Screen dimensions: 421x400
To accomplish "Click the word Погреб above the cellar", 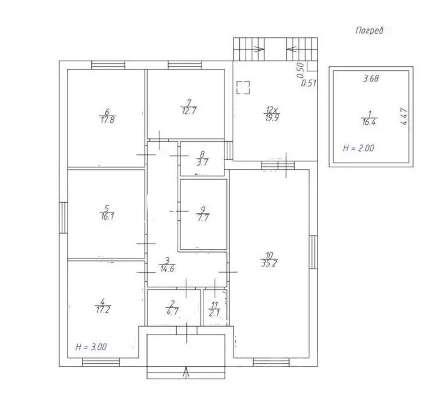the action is [x=370, y=30].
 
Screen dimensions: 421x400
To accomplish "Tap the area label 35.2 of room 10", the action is [x=269, y=263].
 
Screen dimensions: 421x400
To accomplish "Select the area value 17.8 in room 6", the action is [x=107, y=120].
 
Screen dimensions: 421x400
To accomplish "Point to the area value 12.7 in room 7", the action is [x=189, y=111].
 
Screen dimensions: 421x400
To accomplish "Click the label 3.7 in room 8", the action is [x=202, y=162].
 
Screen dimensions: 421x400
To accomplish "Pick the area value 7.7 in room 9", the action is [x=203, y=218].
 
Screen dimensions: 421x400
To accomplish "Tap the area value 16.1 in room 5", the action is [x=107, y=217].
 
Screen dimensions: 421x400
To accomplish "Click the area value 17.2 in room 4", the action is [x=103, y=310].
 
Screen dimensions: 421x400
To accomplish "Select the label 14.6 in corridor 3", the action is [x=167, y=269].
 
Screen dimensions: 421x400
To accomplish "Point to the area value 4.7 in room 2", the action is [x=172, y=312].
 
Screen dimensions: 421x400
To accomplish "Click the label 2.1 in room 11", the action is [x=214, y=313].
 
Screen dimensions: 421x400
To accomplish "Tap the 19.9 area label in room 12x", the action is [x=272, y=118].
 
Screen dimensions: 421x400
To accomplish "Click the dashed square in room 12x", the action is [x=243, y=87].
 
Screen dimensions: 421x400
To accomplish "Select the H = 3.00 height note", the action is [x=91, y=347].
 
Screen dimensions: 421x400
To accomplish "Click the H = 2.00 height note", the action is [x=359, y=148].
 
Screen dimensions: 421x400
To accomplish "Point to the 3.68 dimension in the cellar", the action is [x=371, y=79].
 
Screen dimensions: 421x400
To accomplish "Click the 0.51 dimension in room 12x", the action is [x=309, y=83].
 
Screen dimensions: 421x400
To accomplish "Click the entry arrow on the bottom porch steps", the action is [x=186, y=372].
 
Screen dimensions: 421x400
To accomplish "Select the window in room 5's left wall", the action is [x=63, y=218].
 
